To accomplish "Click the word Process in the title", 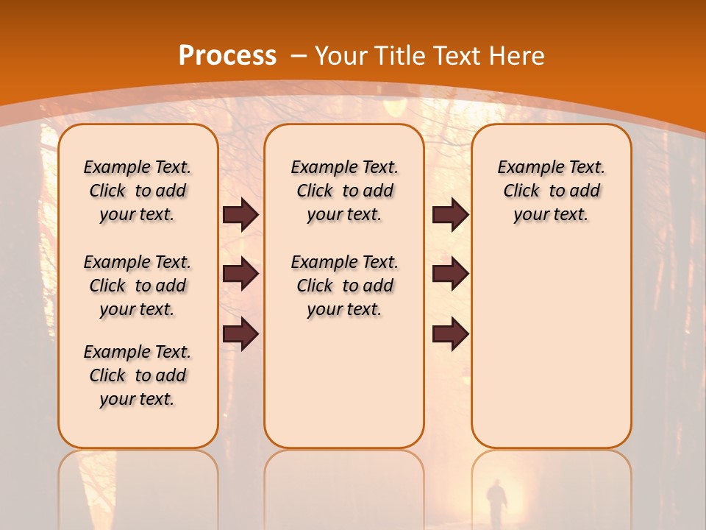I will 227,55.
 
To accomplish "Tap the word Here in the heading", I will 518,55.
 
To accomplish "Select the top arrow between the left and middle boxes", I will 240,214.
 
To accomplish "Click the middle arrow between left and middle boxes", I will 240,274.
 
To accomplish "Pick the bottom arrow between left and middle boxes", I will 240,333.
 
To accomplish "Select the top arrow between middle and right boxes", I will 450,214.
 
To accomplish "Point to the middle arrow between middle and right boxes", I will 450,274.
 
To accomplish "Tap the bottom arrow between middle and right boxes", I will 450,333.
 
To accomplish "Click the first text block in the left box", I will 138,191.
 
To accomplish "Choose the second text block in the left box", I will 138,286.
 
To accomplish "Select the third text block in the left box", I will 138,375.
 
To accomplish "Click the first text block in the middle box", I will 345,191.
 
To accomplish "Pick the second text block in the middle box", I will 345,286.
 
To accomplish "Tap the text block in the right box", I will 552,191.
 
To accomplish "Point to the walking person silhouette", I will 496,501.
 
